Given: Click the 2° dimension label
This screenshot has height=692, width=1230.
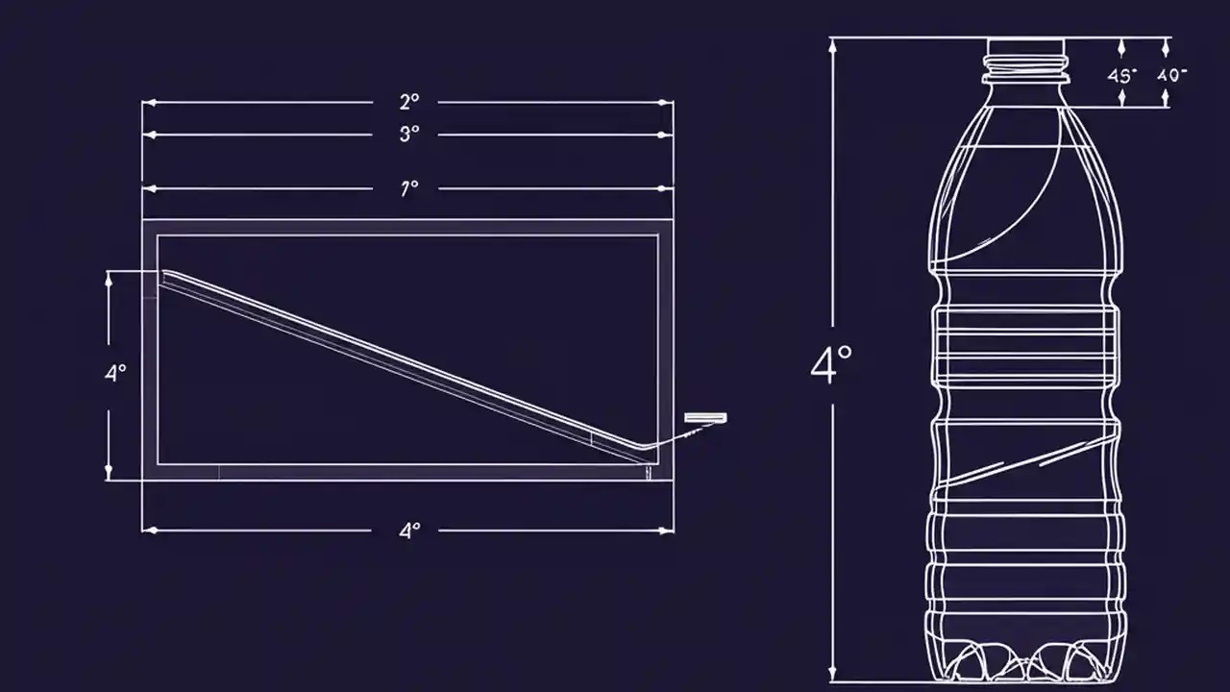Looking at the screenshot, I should pos(409,102).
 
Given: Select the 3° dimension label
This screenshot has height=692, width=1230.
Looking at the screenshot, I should pos(409,135).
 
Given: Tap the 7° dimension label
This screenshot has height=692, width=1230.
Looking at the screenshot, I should pos(409,189).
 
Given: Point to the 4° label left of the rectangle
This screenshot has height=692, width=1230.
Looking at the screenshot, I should pos(115,374).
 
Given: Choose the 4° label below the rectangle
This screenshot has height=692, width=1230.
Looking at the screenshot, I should pos(409,531).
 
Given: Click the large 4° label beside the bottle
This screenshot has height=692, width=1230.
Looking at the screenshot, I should pos(831,366).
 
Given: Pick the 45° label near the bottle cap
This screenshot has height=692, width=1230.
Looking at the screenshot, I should pos(1121,75).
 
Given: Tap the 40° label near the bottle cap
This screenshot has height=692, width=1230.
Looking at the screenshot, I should pos(1172,75).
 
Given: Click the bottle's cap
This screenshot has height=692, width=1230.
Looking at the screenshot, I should pos(1025,47).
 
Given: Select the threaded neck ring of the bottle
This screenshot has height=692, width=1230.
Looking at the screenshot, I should pos(1025,67).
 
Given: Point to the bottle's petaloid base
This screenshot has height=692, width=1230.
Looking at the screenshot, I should pos(1025,661).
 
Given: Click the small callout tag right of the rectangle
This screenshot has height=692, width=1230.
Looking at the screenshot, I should pos(705,417).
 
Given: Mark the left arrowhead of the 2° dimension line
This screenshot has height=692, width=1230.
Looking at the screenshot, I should pos(147,102).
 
